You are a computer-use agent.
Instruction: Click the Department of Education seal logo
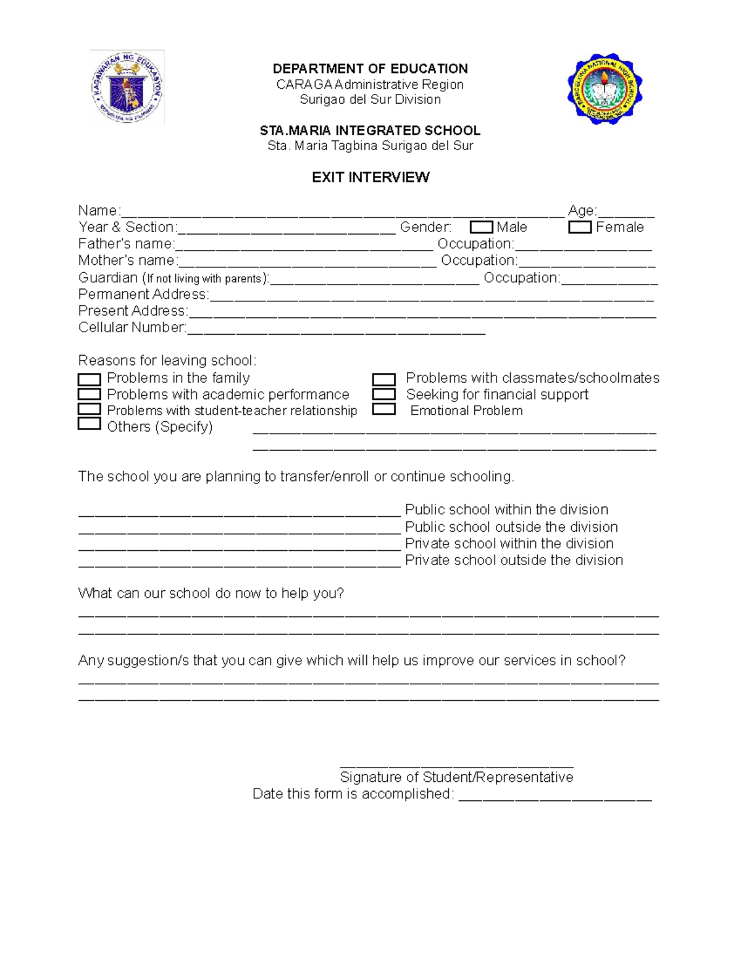(127, 87)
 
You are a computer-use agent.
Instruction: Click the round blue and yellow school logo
(605, 91)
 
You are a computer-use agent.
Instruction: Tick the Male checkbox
(481, 227)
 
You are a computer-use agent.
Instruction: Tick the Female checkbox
(580, 227)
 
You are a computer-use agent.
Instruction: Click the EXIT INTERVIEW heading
(371, 177)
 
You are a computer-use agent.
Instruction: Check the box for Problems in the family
(90, 379)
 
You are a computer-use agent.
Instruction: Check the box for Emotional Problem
(383, 409)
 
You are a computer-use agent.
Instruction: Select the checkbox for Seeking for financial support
(383, 394)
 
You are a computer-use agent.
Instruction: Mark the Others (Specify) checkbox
(90, 424)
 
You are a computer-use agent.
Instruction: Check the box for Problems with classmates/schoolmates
(383, 379)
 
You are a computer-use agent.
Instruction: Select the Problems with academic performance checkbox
(90, 394)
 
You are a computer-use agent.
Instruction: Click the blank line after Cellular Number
(336, 330)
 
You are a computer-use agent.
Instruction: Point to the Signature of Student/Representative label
(456, 777)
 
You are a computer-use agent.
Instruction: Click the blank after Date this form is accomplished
(555, 797)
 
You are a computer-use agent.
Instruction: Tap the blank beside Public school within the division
(240, 512)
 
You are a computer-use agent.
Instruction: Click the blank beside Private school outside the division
(240, 563)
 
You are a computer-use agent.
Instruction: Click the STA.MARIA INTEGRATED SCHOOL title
(370, 130)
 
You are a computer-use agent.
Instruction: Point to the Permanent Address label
(143, 294)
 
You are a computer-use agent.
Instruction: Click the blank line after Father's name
(304, 247)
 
